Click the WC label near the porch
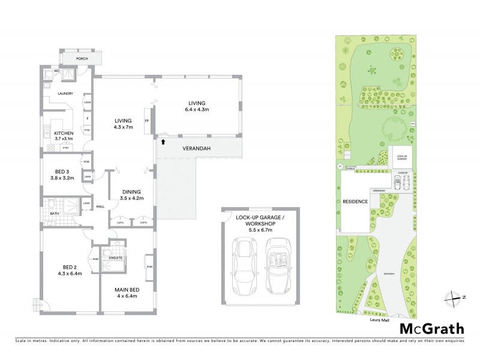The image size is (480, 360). coord(56,71)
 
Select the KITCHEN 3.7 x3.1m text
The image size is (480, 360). coord(64,136)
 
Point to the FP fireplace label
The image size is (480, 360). coord(147,121)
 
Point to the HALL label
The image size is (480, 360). coord(100,207)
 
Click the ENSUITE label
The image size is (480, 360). coord(116,258)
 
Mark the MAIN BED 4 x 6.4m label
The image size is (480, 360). coord(127,293)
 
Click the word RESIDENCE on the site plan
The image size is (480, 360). coord(355,202)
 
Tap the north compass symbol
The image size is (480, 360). coord(454,298)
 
